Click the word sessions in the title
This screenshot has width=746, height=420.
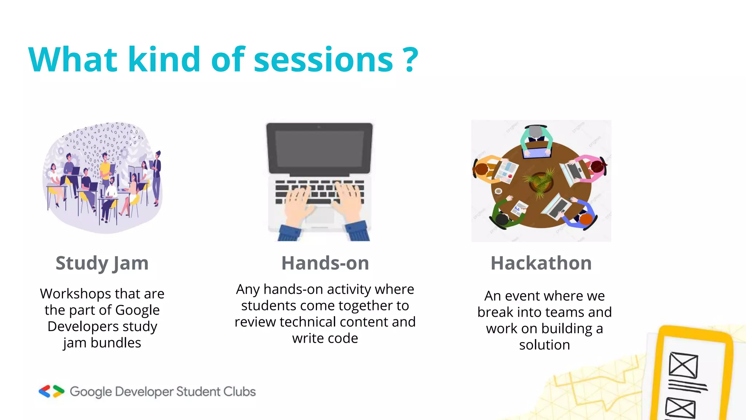coord(323,60)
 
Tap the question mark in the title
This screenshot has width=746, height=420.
coord(411,60)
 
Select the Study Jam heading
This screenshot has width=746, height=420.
coord(102,263)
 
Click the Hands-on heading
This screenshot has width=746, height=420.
coord(325,263)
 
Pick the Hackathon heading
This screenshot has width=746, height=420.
coord(541,263)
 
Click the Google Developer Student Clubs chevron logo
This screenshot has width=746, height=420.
coord(51,391)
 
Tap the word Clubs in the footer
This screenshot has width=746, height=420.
coord(239,392)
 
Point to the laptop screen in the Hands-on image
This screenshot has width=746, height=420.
coord(319,148)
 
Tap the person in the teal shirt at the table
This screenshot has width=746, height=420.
coord(535,139)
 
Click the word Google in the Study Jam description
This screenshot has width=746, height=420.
coord(137,310)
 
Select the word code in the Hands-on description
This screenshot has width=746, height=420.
coord(342,338)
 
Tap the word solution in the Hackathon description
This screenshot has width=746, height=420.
coord(544,345)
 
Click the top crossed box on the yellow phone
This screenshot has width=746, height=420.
coord(683,365)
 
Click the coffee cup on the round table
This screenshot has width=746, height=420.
coord(498,191)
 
